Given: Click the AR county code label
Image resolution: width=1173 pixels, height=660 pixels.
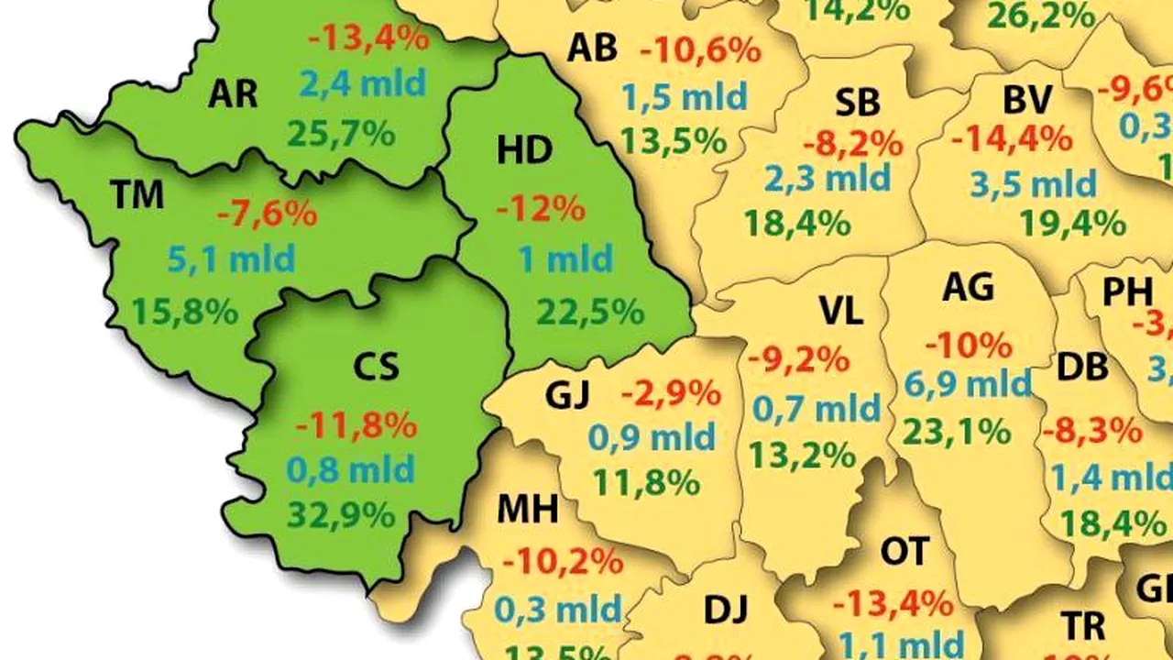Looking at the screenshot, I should click(x=233, y=93).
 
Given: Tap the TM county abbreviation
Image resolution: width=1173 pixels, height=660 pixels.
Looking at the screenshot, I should click(x=137, y=194).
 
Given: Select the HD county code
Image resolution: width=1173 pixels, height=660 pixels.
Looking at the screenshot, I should click(x=524, y=151).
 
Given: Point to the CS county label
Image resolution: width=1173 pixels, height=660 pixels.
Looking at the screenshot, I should click(x=376, y=367).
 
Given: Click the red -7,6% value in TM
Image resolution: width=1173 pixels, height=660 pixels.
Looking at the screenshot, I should click(x=267, y=214).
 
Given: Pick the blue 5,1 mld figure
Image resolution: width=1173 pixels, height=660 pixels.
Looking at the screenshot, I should click(x=231, y=259).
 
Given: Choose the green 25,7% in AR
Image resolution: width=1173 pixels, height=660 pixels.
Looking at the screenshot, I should click(x=341, y=134).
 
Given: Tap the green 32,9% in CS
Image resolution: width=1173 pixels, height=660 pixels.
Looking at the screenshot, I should click(x=341, y=514).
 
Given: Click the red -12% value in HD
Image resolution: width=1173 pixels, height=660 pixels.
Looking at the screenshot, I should click(x=541, y=208).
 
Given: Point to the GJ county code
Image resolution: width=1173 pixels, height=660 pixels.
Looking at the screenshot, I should click(x=567, y=396).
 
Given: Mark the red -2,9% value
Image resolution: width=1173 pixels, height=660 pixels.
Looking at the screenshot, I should click(x=671, y=394).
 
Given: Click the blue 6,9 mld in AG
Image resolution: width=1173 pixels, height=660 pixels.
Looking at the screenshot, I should click(x=968, y=385).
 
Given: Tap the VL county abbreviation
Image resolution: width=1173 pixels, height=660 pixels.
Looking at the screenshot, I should click(x=840, y=312).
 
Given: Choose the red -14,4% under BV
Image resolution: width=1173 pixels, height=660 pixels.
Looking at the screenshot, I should click(x=1011, y=139).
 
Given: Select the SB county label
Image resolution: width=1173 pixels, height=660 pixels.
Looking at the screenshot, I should click(x=858, y=103).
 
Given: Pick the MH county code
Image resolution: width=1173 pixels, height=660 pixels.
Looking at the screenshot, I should click(x=527, y=510).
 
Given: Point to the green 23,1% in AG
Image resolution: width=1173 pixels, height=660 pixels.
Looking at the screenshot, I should click(x=956, y=430).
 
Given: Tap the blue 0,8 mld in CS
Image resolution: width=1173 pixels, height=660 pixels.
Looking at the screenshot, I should click(x=351, y=470).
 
